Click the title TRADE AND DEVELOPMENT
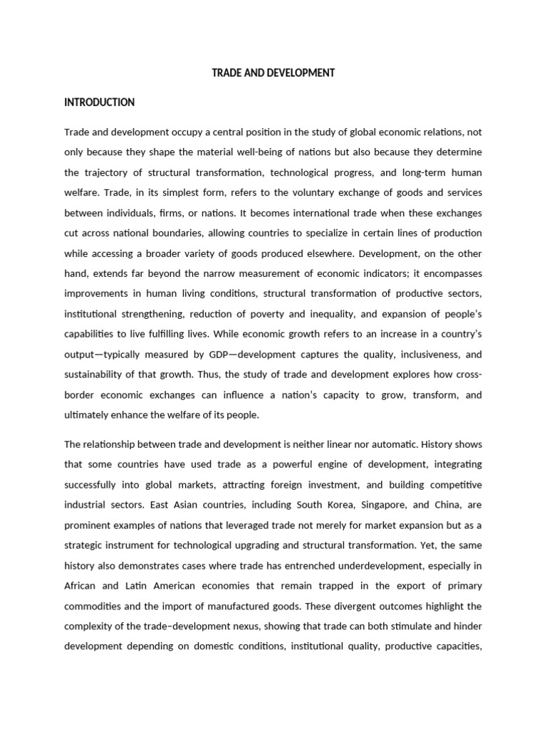click(273, 73)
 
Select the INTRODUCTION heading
click(99, 103)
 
